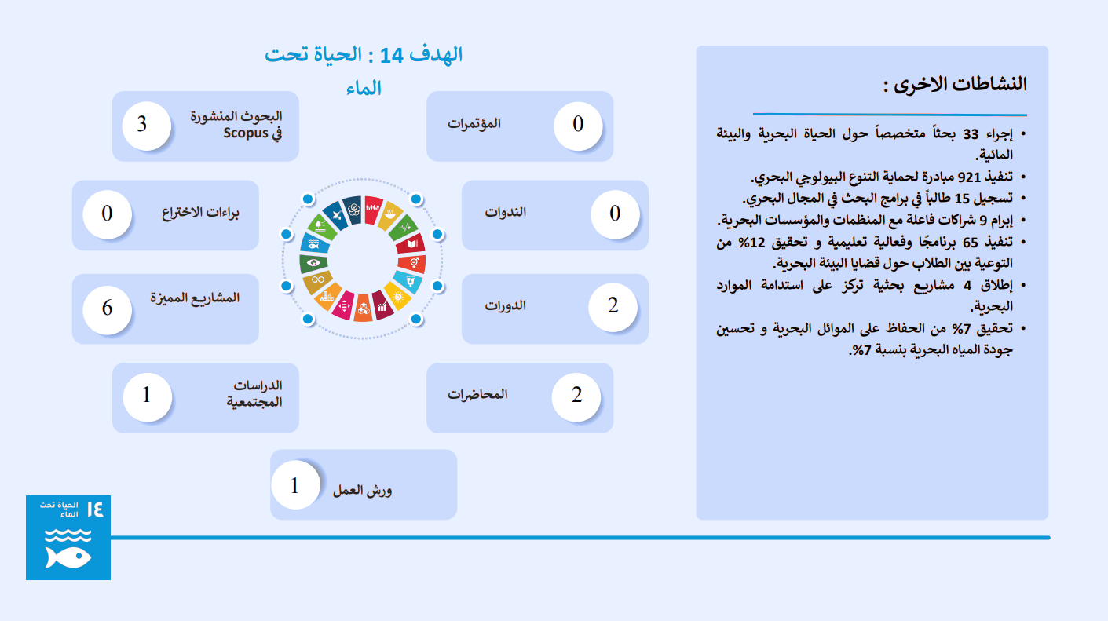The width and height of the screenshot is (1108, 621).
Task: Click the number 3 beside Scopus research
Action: pos(142,124)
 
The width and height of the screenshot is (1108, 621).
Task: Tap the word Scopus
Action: pos(245,133)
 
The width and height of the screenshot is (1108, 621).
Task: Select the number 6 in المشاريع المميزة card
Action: pos(108,308)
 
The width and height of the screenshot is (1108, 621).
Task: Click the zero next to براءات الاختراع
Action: pos(108,214)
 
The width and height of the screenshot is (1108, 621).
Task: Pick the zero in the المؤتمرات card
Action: pos(578,124)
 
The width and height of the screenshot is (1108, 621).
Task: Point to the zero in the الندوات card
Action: pos(615,214)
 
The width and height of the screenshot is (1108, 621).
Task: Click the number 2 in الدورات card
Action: pos(613,305)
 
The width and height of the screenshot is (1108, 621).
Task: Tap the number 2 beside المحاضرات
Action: pos(576,395)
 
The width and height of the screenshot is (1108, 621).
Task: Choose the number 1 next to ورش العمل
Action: pos(294,486)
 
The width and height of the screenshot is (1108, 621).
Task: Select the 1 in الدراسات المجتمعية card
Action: pos(146,395)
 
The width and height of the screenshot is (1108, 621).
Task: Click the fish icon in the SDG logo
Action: pos(68,557)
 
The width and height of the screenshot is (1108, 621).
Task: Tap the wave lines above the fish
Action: pos(68,535)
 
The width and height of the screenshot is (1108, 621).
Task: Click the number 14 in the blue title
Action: pos(392,56)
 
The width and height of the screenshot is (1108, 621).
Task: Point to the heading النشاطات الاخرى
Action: pos(955,84)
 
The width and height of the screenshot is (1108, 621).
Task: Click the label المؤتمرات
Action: pos(474,123)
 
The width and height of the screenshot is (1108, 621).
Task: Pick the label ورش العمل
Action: pos(362,491)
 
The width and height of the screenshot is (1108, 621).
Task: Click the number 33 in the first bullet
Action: pos(971,134)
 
